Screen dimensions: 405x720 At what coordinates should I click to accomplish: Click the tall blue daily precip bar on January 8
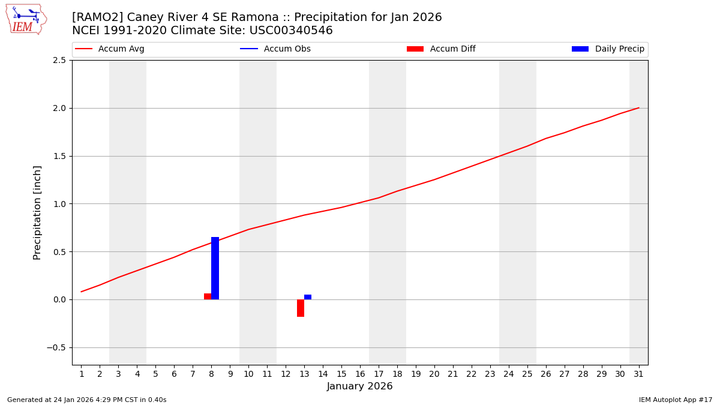pos(215,268)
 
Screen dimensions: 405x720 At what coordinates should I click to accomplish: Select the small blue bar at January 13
pos(308,297)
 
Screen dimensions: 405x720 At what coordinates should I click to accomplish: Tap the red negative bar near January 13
pos(301,308)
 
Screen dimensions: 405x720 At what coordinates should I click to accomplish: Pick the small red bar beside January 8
pos(208,296)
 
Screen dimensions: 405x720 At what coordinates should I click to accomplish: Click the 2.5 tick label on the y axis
pos(59,61)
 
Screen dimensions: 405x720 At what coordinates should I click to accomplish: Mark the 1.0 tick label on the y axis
pos(59,204)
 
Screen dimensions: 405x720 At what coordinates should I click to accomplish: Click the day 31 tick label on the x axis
pos(638,374)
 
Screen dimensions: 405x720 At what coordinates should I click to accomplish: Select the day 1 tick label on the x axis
pos(82,374)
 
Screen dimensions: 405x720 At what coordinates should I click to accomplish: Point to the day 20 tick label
pos(434,374)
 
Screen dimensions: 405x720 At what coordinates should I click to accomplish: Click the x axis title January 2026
pos(359,386)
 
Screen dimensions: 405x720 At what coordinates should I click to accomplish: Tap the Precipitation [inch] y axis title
pos(37,212)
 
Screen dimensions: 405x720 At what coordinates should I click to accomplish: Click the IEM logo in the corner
pos(26,19)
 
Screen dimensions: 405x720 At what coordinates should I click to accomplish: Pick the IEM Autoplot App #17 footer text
pos(675,400)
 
